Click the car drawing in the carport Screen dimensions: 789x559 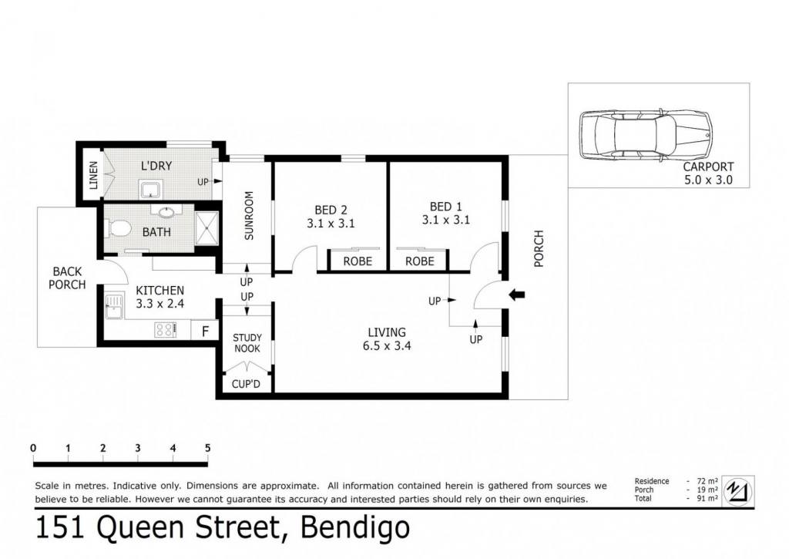(646, 134)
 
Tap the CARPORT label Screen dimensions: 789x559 (708, 167)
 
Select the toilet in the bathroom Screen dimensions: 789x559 (119, 229)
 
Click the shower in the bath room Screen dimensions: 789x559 (206, 229)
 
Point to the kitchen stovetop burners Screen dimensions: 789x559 (165, 330)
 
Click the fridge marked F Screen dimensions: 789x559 (205, 331)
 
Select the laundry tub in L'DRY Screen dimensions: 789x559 (149, 190)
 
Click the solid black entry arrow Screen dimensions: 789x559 (517, 295)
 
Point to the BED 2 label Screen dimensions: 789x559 (331, 210)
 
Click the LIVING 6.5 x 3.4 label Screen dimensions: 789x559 (387, 339)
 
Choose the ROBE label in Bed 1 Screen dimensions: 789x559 (419, 261)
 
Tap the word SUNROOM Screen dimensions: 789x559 (249, 216)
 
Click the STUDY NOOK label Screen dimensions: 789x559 (247, 343)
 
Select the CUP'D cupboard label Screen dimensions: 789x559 (246, 384)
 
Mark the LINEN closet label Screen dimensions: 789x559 (93, 175)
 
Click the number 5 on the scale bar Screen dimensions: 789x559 (207, 448)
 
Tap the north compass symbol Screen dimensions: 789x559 (737, 490)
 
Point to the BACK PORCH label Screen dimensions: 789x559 (67, 278)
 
